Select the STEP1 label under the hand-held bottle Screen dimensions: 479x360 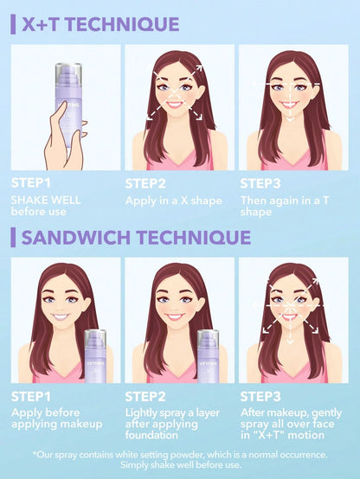[31, 183]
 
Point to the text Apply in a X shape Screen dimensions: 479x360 [174, 199]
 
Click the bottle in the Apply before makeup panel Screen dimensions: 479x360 [94, 356]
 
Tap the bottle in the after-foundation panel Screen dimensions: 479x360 [208, 356]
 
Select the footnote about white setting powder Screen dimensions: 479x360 [179, 455]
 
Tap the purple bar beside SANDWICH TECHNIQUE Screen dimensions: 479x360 [13, 237]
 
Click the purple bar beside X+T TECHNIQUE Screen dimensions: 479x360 [13, 24]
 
